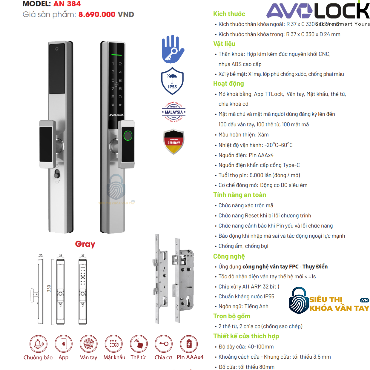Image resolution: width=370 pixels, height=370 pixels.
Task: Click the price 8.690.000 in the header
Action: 97,14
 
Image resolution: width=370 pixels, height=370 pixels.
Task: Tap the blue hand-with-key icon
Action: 173,49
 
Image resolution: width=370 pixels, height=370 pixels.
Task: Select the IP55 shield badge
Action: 172,81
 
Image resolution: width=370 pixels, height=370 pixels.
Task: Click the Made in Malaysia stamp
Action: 174,112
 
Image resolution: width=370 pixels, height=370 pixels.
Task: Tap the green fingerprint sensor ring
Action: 128,136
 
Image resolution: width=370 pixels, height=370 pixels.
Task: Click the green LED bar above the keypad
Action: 116,55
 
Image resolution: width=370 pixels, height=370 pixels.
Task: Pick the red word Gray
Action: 85,244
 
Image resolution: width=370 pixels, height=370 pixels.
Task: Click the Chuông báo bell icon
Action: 38,344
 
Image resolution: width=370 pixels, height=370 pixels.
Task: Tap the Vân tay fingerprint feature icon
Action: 88,344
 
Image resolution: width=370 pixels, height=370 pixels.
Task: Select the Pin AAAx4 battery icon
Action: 189,344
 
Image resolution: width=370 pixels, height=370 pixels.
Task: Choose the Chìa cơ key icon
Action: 164,344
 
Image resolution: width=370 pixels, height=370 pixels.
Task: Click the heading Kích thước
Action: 229,14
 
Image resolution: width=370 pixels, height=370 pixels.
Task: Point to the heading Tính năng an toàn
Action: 239,195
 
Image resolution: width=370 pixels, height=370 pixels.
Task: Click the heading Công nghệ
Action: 229,257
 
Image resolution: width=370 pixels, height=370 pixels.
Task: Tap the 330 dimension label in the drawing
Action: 49,288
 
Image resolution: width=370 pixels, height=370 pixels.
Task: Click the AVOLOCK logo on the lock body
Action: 116,115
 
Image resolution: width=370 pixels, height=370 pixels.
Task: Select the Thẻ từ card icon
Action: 139,344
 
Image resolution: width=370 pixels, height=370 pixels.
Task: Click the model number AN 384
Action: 67,4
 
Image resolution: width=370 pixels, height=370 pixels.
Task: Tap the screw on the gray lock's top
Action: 57,49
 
